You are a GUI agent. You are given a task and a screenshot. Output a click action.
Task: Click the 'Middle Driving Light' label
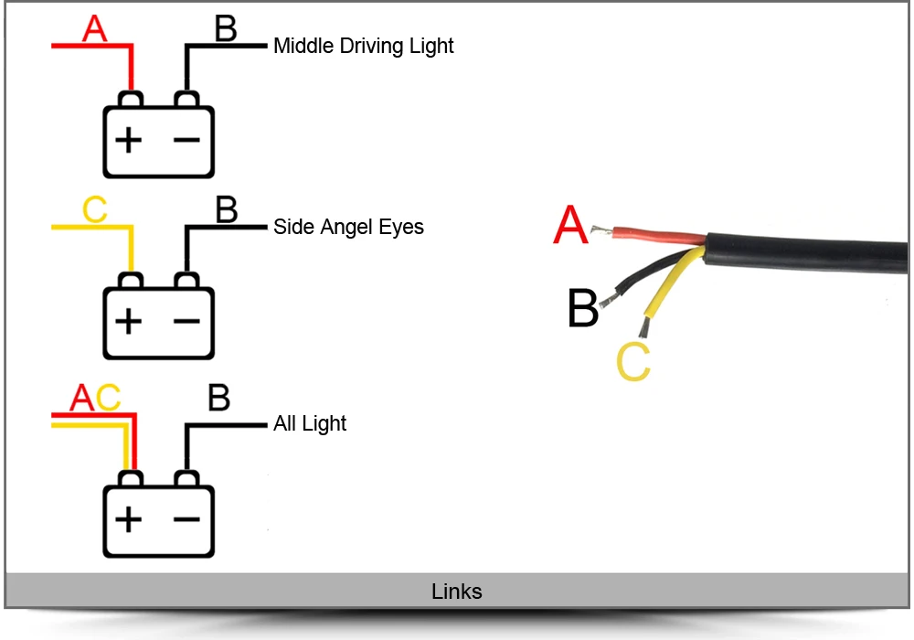[363, 46]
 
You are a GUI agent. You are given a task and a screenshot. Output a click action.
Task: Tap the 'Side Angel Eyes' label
[348, 227]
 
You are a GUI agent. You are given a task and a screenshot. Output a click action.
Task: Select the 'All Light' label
[310, 423]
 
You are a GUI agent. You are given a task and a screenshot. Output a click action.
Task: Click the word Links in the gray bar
[456, 591]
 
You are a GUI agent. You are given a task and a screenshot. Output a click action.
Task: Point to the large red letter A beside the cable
[570, 224]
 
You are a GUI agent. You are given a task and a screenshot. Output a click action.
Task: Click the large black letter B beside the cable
[582, 308]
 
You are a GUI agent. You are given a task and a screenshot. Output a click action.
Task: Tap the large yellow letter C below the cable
[633, 362]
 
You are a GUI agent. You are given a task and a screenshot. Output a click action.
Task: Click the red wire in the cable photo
[659, 236]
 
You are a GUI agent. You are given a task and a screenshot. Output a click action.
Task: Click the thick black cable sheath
[807, 255]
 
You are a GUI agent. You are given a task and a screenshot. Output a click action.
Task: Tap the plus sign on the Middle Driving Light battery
[128, 140]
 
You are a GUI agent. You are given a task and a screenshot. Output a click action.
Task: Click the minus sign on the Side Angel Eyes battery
[186, 321]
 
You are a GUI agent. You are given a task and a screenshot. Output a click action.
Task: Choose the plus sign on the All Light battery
[128, 519]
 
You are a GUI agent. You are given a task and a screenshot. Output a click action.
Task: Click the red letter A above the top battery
[94, 28]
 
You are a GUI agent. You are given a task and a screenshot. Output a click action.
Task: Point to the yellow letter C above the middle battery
[94, 209]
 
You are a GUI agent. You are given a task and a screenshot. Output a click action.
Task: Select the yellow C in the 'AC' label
[108, 398]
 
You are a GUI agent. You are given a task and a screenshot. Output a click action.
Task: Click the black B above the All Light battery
[218, 398]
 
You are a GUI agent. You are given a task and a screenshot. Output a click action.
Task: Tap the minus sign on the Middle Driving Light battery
[186, 140]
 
